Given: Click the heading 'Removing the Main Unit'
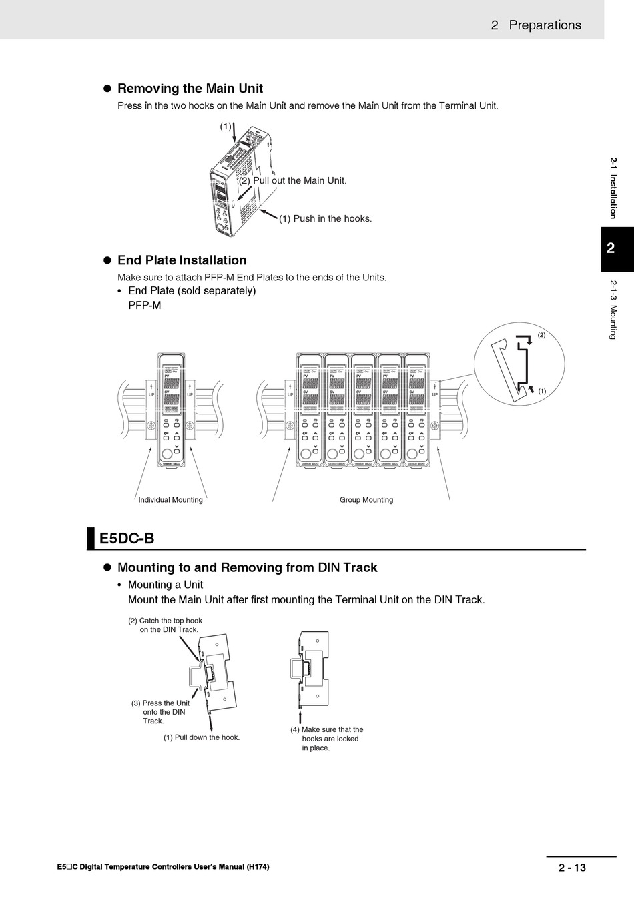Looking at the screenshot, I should (x=190, y=89).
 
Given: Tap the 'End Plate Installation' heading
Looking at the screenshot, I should (x=182, y=260).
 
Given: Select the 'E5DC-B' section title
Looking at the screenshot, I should (x=127, y=539).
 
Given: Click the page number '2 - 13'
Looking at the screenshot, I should (x=572, y=868).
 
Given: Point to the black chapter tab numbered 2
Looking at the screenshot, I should (x=617, y=249).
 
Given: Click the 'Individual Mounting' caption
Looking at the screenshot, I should (x=170, y=500).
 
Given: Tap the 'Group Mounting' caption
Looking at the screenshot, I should (x=366, y=500).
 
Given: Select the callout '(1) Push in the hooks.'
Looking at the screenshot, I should (x=325, y=218).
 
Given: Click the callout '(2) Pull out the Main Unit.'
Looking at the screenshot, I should (x=293, y=180).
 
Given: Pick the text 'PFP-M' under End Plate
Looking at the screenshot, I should (x=145, y=306).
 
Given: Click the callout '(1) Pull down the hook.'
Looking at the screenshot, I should (x=202, y=737).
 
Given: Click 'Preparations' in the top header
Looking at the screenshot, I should (x=545, y=25).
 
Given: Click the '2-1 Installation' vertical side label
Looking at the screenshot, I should (x=613, y=188).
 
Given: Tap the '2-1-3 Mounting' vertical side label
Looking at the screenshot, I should (x=613, y=310).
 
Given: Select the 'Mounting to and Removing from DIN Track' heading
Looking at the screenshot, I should (x=247, y=568).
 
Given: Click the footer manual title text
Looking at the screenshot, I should (x=164, y=867).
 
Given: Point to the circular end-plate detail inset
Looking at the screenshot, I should (x=519, y=364).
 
